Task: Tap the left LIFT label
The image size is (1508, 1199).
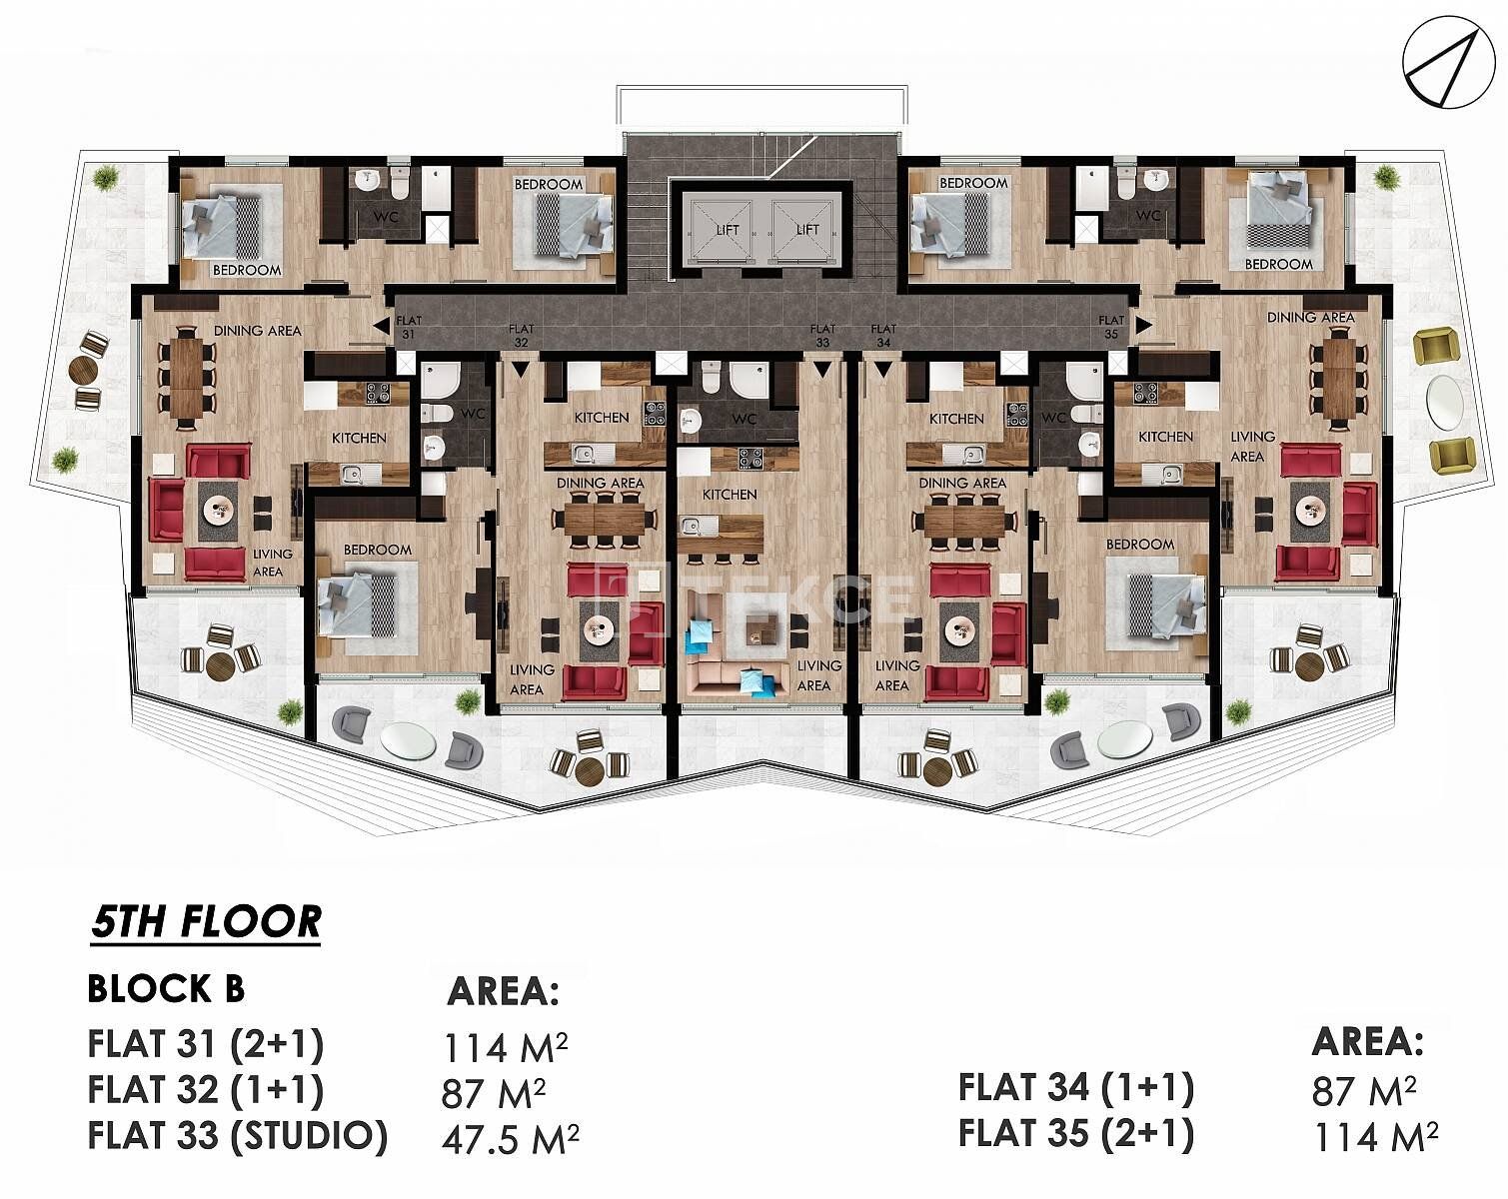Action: coord(728,229)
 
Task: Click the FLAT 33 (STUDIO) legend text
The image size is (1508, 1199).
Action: coord(238,1136)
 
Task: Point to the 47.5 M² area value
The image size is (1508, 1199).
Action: coord(510,1139)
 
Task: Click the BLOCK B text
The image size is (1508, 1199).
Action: coord(166,988)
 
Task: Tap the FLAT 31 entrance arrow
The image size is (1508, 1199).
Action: coord(382,326)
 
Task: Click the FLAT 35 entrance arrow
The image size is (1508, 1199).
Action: coord(1143,325)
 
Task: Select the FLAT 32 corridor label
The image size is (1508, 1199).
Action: coord(521,335)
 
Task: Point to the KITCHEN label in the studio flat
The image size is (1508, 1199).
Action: coord(730,494)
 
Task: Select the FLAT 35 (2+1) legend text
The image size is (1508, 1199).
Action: coord(1075,1133)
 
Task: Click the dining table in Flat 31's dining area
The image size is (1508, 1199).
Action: coord(187,377)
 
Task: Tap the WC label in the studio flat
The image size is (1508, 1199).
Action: coord(744,419)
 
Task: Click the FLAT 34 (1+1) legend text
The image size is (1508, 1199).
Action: coord(1075,1088)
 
